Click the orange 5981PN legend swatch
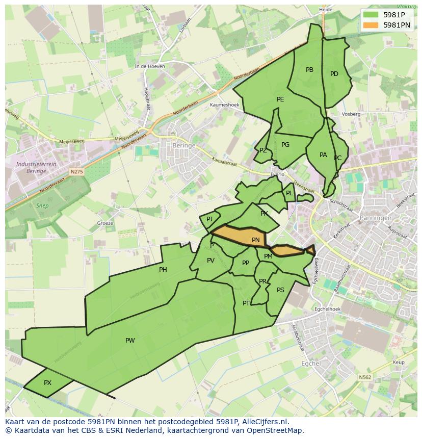point(371,25)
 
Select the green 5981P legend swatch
point(371,15)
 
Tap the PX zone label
point(47,383)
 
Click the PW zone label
point(130,341)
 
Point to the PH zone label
point(163,270)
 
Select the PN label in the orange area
point(256,240)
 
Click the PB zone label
point(309,70)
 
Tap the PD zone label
point(334,74)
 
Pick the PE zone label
point(280,99)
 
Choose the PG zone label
point(285,145)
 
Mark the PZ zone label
point(263,151)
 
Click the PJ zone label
point(209,219)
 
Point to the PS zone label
point(280,290)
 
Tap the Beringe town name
point(184,145)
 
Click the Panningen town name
point(376,218)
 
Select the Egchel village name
point(311,364)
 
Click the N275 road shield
point(76,172)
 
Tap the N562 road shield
point(364,377)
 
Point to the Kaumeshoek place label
point(224,105)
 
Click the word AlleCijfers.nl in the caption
point(264,422)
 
